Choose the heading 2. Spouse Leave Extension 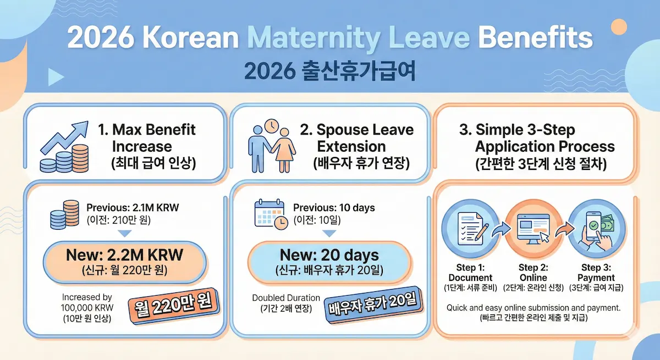[356, 139]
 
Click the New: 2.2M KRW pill [124, 261]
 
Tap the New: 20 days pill [329, 261]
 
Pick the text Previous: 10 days [334, 208]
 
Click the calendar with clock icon [270, 214]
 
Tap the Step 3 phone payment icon [593, 228]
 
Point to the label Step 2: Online [533, 273]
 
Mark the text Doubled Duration [283, 298]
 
